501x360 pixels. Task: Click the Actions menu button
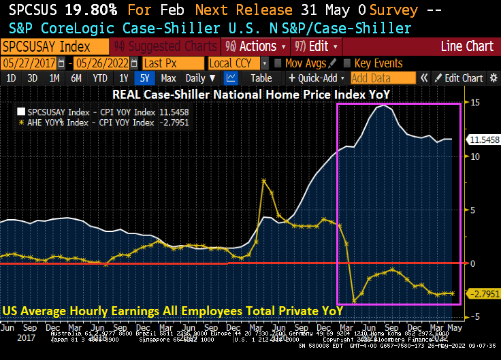tap(255, 46)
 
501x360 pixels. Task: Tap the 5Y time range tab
tap(143, 78)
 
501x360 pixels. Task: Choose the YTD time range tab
tap(99, 78)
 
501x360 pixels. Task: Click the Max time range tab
tap(168, 78)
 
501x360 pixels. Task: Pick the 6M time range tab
tap(76, 78)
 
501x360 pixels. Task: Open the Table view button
tap(261, 78)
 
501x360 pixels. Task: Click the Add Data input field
tap(381, 78)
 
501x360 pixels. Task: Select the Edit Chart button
tap(463, 78)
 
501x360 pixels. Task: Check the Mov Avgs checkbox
tap(277, 63)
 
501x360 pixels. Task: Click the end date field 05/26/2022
tap(102, 63)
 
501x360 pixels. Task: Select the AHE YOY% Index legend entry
tap(95, 122)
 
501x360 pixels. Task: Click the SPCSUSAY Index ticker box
tap(54, 46)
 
